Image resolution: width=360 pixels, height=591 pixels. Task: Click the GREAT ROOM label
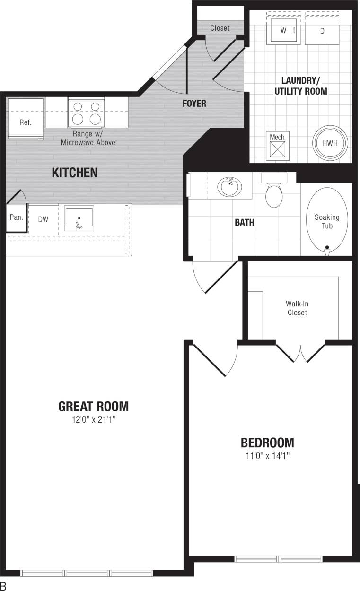[x=93, y=406]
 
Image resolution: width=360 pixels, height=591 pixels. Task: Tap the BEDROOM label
[x=267, y=443]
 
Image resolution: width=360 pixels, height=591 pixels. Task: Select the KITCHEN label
[x=74, y=173]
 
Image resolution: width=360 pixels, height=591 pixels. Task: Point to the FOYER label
[x=194, y=104]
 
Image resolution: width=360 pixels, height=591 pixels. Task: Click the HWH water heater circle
[x=330, y=143]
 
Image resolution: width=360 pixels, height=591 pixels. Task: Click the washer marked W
[x=283, y=31]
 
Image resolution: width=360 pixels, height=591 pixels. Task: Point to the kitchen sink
[x=79, y=218]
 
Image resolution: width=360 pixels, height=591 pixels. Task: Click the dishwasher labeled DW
[x=43, y=218]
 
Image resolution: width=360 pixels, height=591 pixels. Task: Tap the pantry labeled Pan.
[x=16, y=217]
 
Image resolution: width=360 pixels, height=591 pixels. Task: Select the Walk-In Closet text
[x=297, y=308]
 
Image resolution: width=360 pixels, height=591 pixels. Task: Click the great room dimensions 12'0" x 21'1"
[x=94, y=419]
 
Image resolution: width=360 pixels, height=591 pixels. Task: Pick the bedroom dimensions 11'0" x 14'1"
[x=267, y=456]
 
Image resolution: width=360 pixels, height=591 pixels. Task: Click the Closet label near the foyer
[x=220, y=28]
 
